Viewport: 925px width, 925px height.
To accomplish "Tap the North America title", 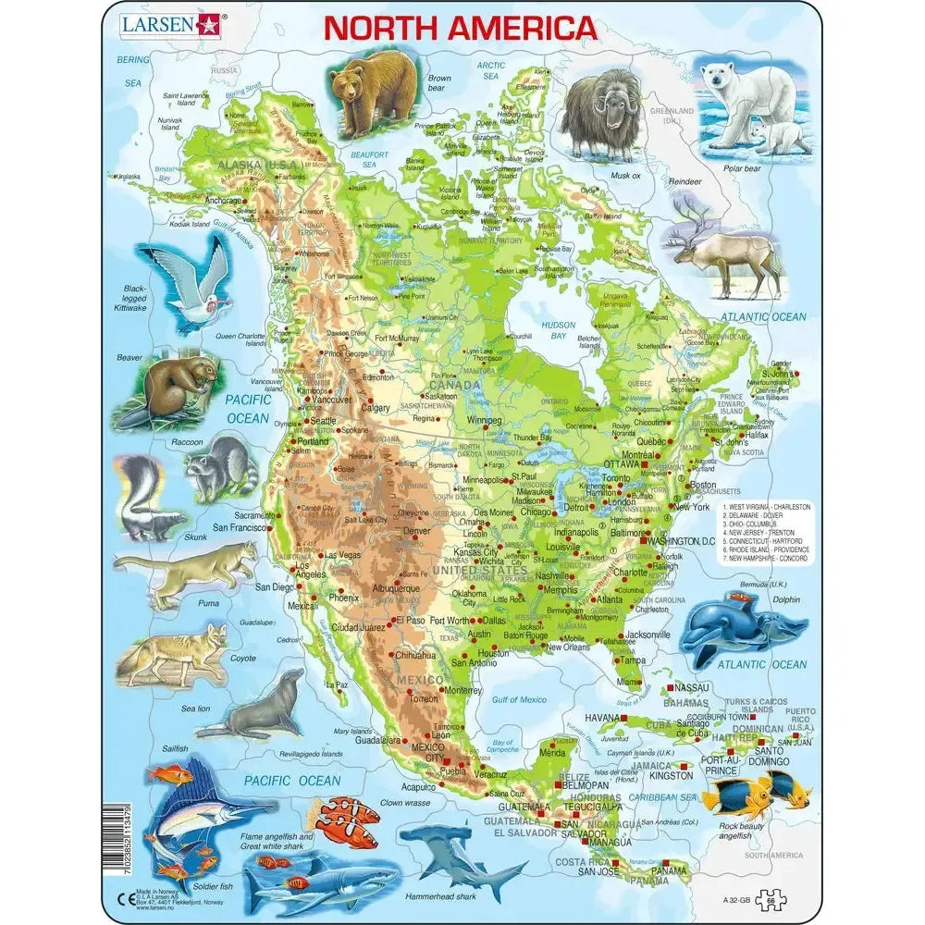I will click(x=460, y=28).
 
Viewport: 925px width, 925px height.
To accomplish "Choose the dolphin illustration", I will click(x=740, y=627).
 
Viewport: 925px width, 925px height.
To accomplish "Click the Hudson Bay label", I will click(x=559, y=330).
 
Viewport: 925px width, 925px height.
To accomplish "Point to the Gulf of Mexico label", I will click(x=519, y=699).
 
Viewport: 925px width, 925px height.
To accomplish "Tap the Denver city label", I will click(x=417, y=532).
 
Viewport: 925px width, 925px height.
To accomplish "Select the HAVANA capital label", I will click(x=601, y=719).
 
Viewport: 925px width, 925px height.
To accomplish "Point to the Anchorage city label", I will click(x=224, y=200).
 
